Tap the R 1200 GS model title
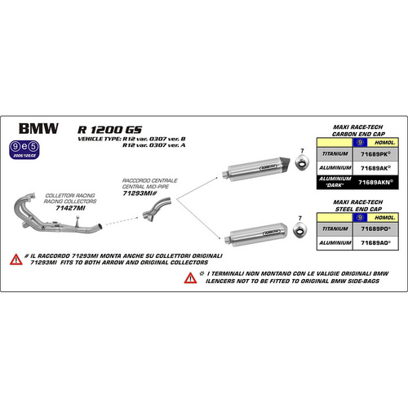(x=103, y=128)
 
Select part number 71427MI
(x=59, y=185)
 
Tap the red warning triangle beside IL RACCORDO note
(x=16, y=260)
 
